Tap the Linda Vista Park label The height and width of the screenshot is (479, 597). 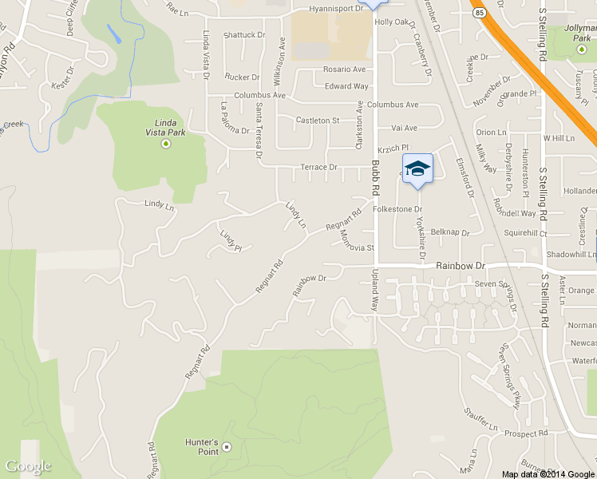click(x=165, y=127)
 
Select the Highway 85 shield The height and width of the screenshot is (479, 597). click(x=477, y=14)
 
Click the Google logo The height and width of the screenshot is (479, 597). click(x=28, y=466)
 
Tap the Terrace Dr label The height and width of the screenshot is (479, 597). click(x=318, y=167)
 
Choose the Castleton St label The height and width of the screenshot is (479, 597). click(x=318, y=120)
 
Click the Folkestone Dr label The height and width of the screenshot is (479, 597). click(x=397, y=209)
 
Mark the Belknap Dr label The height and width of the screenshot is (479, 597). click(x=449, y=232)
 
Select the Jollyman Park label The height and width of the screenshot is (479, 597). click(x=579, y=33)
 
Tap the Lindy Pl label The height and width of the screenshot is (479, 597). click(x=231, y=241)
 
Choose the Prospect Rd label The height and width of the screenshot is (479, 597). click(x=525, y=433)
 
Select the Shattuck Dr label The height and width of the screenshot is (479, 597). click(x=243, y=35)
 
